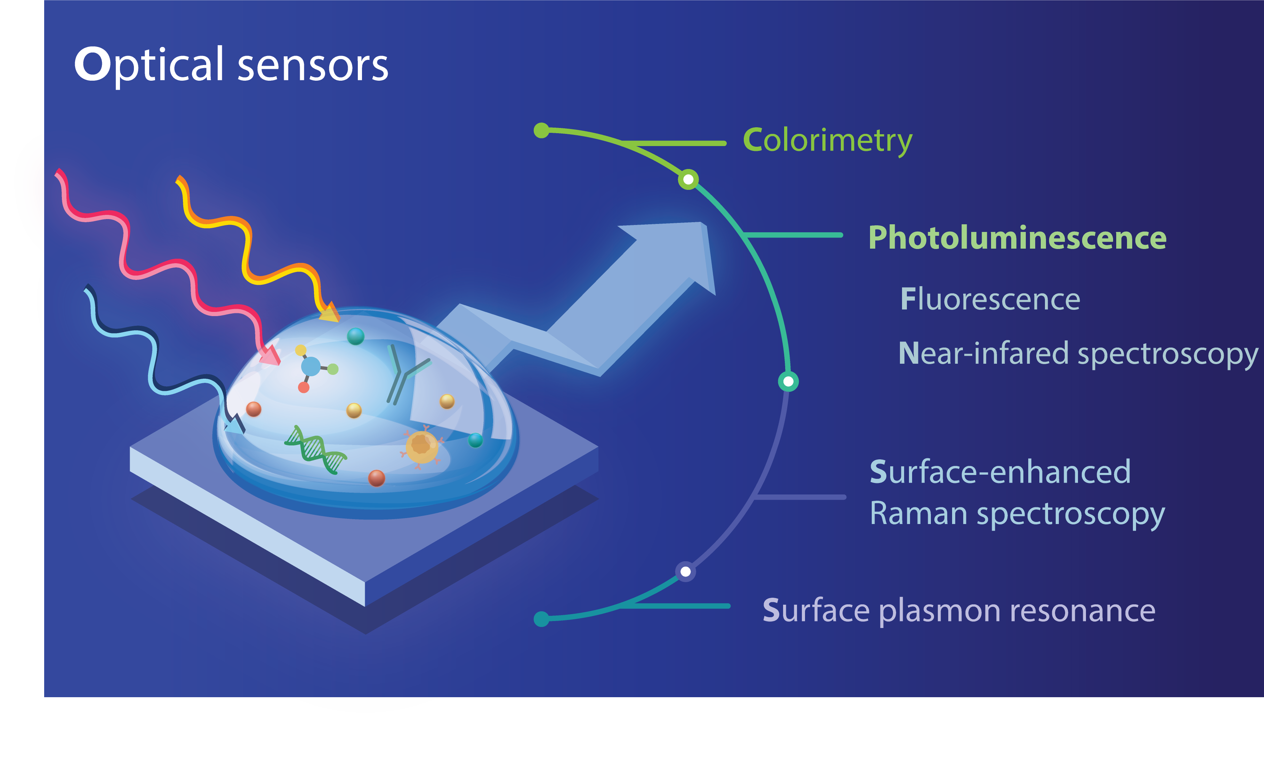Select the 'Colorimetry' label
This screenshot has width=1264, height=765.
(x=828, y=140)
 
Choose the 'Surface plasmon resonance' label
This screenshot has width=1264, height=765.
(x=959, y=611)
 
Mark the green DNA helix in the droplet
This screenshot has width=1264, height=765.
(x=315, y=450)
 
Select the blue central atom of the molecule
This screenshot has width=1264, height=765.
(x=311, y=367)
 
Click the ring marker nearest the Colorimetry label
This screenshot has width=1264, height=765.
(x=689, y=179)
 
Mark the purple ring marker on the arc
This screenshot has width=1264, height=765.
(x=685, y=572)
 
